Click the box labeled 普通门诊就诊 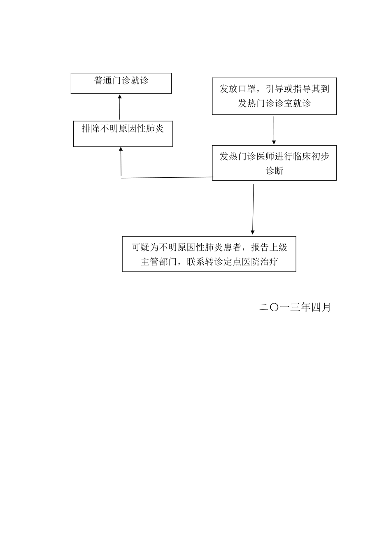click(121, 84)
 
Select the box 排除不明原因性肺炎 click(123, 134)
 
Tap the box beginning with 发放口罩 click(274, 96)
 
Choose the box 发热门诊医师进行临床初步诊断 click(274, 163)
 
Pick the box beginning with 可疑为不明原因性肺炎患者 click(209, 254)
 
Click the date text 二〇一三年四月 click(295, 307)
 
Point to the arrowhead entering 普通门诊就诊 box click(120, 97)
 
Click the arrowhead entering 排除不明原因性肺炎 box click(121, 149)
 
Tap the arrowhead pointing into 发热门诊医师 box click(274, 142)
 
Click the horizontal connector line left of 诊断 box click(167, 178)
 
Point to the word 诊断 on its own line click(274, 171)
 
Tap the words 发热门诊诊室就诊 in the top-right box click(274, 103)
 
